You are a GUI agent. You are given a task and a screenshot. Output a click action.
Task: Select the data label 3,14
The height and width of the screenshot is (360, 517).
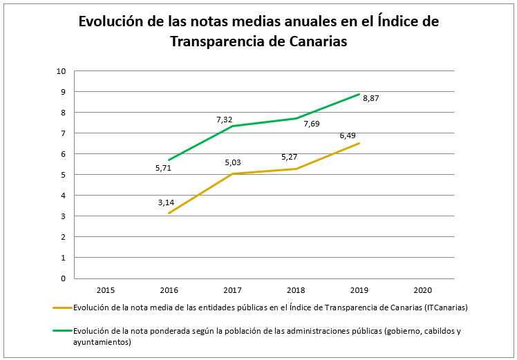(166, 202)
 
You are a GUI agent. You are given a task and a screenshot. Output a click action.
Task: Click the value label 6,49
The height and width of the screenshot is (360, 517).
(348, 135)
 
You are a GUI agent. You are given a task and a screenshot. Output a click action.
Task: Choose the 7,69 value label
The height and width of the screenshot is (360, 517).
(312, 124)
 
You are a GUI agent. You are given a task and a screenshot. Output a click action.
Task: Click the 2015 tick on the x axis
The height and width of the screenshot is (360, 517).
(106, 289)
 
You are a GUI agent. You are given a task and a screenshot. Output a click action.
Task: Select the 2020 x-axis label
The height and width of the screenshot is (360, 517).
(422, 289)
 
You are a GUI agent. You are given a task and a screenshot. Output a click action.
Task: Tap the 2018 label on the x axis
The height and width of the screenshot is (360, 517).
(296, 289)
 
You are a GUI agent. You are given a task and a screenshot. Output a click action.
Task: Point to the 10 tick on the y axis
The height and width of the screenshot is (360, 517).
(61, 71)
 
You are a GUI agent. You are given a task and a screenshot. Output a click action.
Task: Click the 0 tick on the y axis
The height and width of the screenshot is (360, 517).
(63, 278)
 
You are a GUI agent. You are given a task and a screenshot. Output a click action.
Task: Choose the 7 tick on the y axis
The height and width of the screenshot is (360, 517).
(63, 133)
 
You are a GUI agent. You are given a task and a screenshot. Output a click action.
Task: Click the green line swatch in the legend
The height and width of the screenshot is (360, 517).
(62, 331)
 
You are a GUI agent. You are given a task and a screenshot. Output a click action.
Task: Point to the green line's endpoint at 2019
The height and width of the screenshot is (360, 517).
(359, 94)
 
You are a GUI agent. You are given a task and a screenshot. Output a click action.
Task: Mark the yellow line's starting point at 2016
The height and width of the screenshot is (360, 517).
(169, 213)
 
